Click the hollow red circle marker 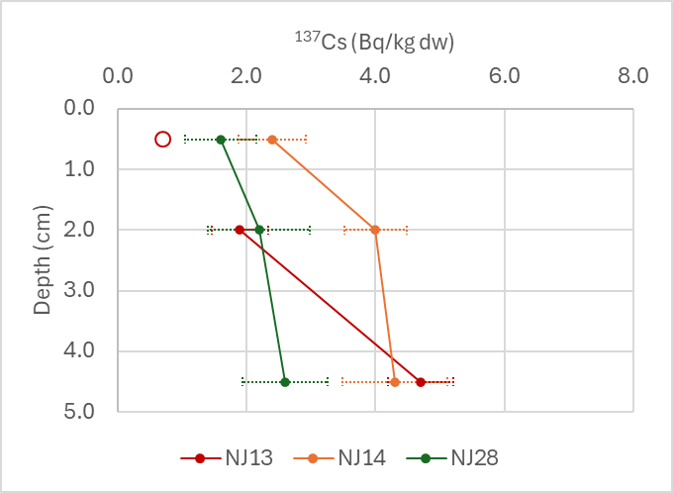point(163,140)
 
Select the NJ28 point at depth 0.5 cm point(221,140)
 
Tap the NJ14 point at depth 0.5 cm point(272,140)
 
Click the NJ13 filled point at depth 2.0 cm point(240,230)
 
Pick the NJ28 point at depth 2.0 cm point(259,230)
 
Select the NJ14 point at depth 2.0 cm point(375,230)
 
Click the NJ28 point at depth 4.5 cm point(285,381)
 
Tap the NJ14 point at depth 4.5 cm point(395,381)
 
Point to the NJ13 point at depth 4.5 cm point(421,381)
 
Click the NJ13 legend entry point(227,457)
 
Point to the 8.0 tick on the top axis point(632,76)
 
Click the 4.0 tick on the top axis point(375,76)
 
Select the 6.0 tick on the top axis point(504,76)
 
